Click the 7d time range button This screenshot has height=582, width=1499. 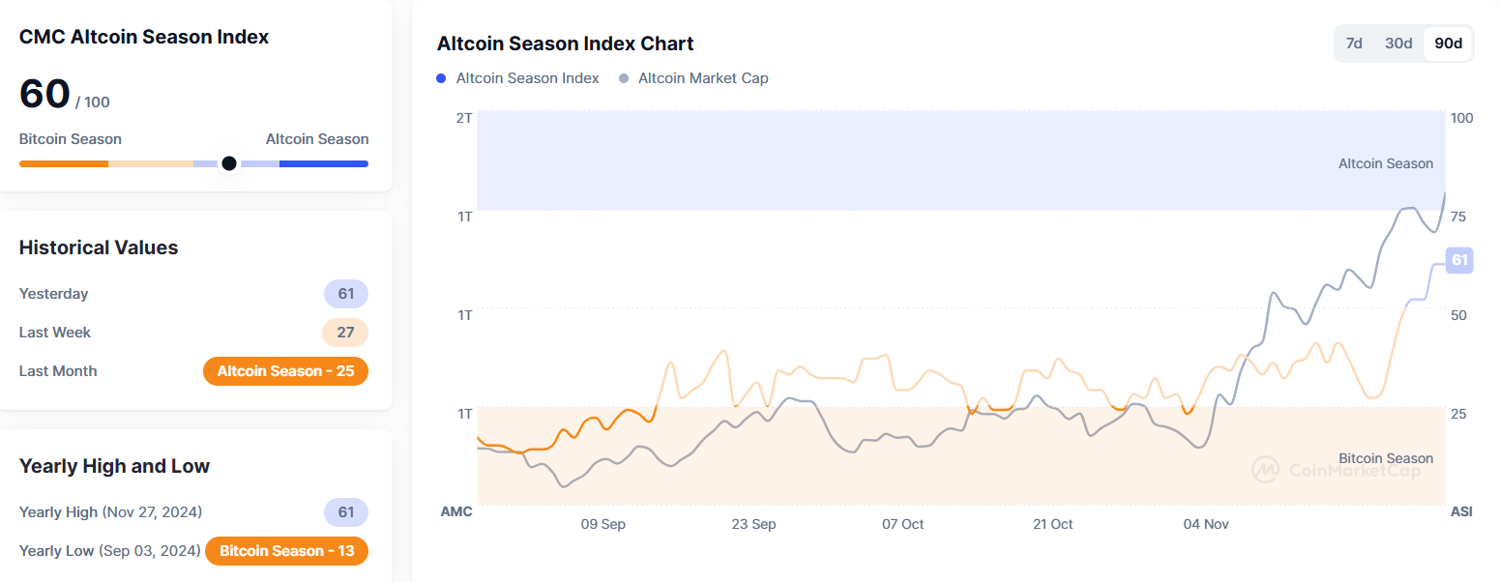tap(1354, 44)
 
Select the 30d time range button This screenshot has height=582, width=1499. tap(1398, 44)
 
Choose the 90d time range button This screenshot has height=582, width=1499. tap(1448, 44)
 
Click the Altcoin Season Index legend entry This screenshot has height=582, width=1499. tap(517, 78)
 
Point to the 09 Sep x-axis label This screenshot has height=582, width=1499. tap(603, 524)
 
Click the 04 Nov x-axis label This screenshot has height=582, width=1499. tap(1206, 524)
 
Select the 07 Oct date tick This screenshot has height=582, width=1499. tap(902, 524)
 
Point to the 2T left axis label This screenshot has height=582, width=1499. tap(463, 118)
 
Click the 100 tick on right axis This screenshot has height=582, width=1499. tap(1461, 118)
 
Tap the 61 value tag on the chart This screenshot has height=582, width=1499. tap(1459, 259)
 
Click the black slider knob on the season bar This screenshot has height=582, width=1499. tap(228, 163)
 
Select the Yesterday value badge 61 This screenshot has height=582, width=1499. tap(345, 294)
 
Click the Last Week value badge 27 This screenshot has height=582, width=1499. tap(345, 333)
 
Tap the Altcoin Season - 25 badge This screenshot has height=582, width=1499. tap(285, 371)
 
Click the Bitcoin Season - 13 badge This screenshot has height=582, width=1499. tap(287, 551)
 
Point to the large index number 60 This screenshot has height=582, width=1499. tap(44, 95)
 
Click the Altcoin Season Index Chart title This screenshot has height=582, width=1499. tap(565, 44)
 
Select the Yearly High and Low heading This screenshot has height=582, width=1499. tap(114, 466)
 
